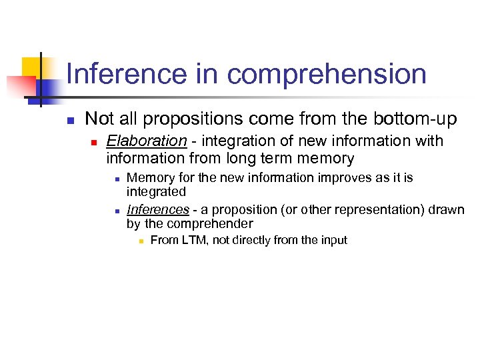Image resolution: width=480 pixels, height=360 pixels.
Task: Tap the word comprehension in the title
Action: [327, 74]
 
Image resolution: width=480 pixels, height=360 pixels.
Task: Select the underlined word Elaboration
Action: [147, 141]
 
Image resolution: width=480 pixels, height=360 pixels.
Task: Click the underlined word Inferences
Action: [158, 210]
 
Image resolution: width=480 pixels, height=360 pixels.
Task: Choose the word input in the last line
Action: [333, 240]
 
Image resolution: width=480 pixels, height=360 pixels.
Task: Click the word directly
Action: [252, 240]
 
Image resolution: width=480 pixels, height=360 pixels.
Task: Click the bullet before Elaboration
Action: [95, 142]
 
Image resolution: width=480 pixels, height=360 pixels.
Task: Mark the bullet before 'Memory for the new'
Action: [117, 179]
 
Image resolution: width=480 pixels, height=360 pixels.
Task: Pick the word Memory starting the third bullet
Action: [147, 178]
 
